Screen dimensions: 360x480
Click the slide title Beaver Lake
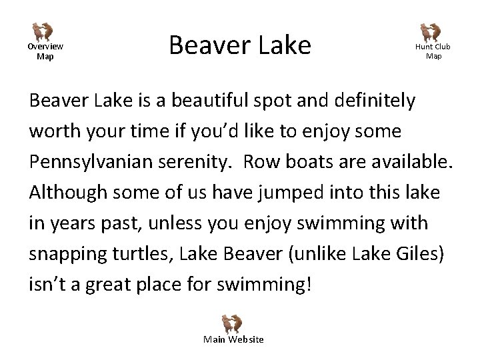(x=240, y=45)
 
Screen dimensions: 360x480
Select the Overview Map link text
(x=45, y=51)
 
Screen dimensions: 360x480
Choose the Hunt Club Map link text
(x=433, y=51)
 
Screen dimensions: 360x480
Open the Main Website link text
(x=233, y=340)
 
